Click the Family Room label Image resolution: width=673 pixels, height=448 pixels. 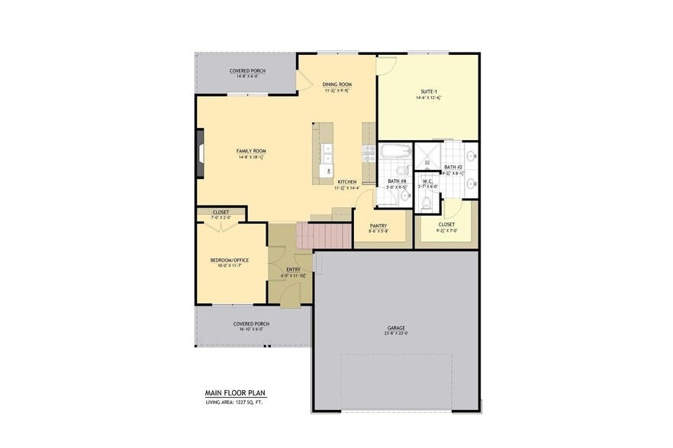tap(251, 151)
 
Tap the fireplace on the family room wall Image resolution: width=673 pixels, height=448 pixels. tap(200, 153)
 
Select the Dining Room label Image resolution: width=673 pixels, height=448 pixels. tap(336, 84)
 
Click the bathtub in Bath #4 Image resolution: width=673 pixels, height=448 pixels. tap(395, 152)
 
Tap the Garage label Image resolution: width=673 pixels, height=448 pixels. tap(395, 328)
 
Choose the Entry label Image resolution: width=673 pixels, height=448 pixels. tap(293, 270)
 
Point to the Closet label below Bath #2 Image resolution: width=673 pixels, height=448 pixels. tap(446, 225)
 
